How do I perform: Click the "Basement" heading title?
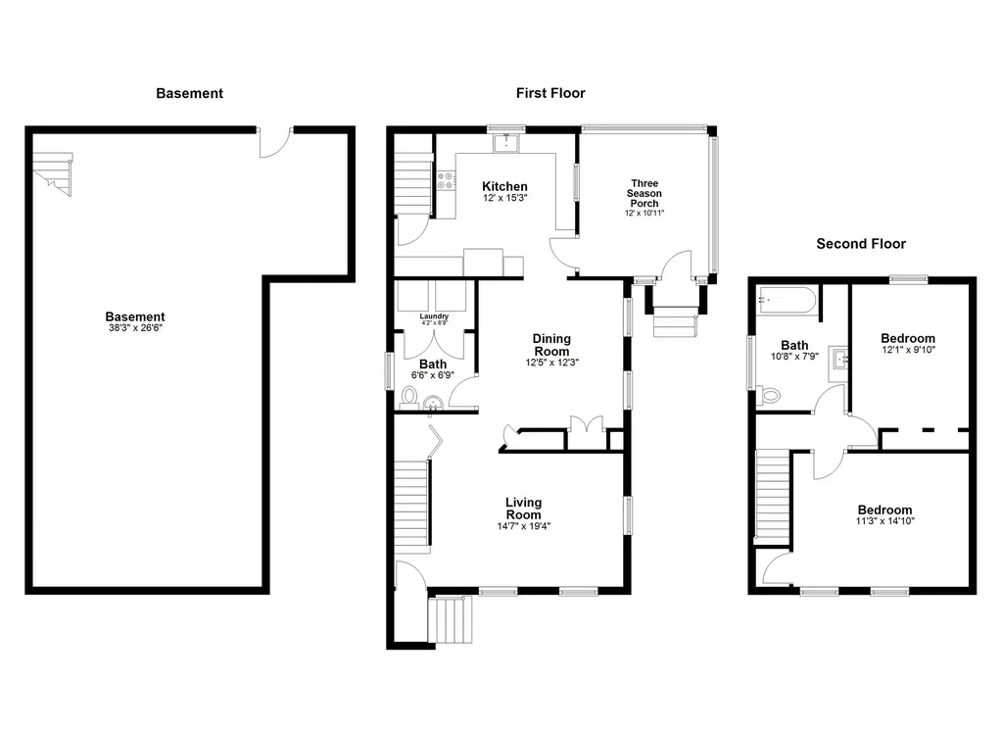click(189, 94)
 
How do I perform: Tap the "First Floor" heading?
click(550, 94)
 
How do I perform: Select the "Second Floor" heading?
click(861, 244)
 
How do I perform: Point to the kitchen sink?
click(506, 144)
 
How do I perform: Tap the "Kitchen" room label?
click(504, 186)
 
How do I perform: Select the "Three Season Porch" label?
click(645, 194)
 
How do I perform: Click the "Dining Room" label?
click(551, 345)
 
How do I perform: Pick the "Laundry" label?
click(433, 316)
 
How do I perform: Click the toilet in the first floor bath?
click(409, 397)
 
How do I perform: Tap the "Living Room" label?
click(523, 509)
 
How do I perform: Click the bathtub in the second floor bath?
click(787, 299)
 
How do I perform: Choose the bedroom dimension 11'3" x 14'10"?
click(884, 522)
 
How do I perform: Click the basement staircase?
click(53, 172)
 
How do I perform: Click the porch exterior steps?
click(675, 320)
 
